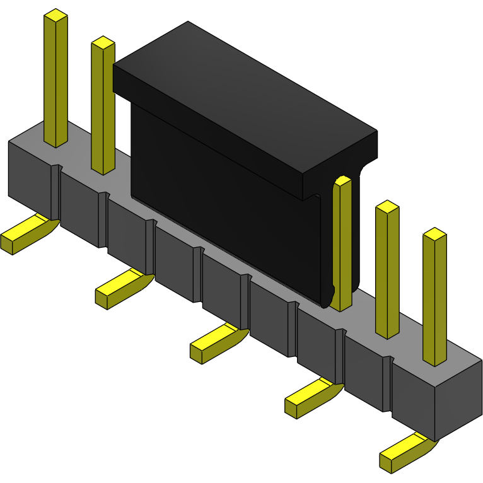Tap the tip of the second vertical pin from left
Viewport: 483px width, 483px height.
tap(103, 43)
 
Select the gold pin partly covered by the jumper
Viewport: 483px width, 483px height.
tap(341, 246)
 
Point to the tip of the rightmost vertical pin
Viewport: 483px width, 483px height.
tap(434, 234)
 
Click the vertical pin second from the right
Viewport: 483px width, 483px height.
tap(387, 271)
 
